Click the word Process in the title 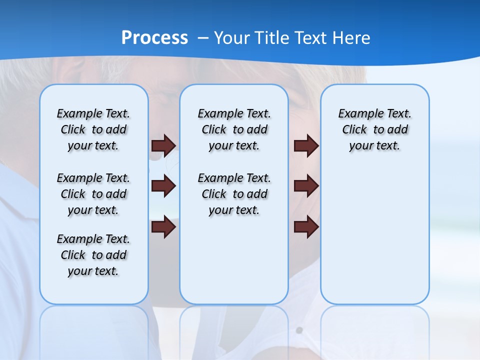[x=154, y=37]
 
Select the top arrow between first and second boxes [x=163, y=145]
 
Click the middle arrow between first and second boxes [x=163, y=186]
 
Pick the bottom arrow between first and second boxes [x=163, y=227]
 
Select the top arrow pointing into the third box [x=306, y=145]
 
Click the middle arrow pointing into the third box [x=306, y=186]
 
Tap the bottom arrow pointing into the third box [x=306, y=227]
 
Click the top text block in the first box [x=93, y=129]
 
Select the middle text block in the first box [x=93, y=194]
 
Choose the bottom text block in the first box [x=93, y=255]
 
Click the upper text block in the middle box [x=234, y=129]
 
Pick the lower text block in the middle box [x=234, y=194]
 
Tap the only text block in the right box [x=374, y=129]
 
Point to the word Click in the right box [x=354, y=129]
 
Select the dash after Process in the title [x=203, y=37]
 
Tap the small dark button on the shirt [x=299, y=330]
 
